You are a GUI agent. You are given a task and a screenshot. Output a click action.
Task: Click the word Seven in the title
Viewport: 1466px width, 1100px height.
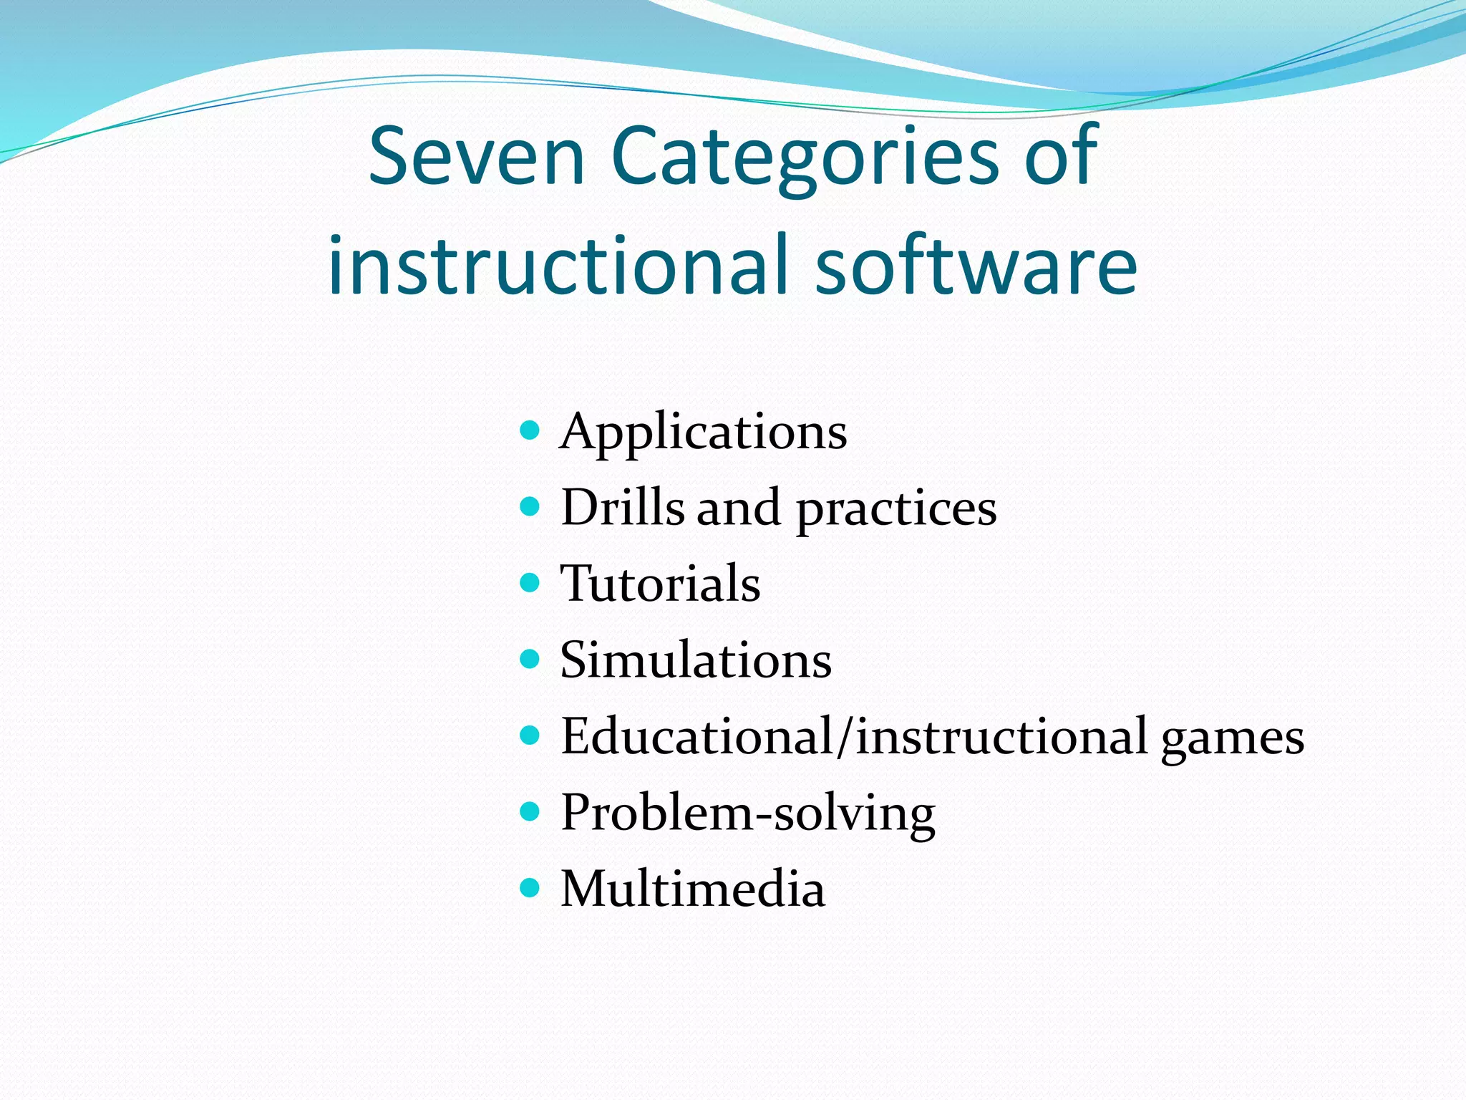point(477,156)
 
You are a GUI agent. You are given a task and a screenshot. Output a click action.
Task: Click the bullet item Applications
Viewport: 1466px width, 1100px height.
point(703,432)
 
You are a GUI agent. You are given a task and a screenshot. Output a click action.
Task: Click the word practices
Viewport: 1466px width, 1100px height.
point(896,510)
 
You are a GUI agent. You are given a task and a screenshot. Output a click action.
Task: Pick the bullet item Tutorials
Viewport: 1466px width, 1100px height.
point(660,583)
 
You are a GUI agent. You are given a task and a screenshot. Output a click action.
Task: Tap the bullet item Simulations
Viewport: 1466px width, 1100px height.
point(696,660)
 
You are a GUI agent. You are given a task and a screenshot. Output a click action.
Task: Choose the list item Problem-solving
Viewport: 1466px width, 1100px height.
point(747,814)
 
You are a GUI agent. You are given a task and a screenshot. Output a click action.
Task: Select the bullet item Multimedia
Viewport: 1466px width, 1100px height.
point(692,889)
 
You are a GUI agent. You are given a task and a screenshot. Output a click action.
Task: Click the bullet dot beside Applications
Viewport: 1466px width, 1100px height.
point(529,430)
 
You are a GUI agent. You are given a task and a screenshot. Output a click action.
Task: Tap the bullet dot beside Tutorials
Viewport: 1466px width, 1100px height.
point(529,582)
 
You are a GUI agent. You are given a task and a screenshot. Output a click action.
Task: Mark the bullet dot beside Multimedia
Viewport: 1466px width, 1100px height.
point(529,888)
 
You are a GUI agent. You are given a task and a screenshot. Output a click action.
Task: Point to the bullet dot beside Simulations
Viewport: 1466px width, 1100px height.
point(529,659)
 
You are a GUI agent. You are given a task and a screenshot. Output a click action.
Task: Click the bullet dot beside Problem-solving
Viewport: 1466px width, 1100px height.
point(529,811)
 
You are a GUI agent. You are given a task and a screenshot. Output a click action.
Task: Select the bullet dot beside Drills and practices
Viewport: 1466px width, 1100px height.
point(529,506)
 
